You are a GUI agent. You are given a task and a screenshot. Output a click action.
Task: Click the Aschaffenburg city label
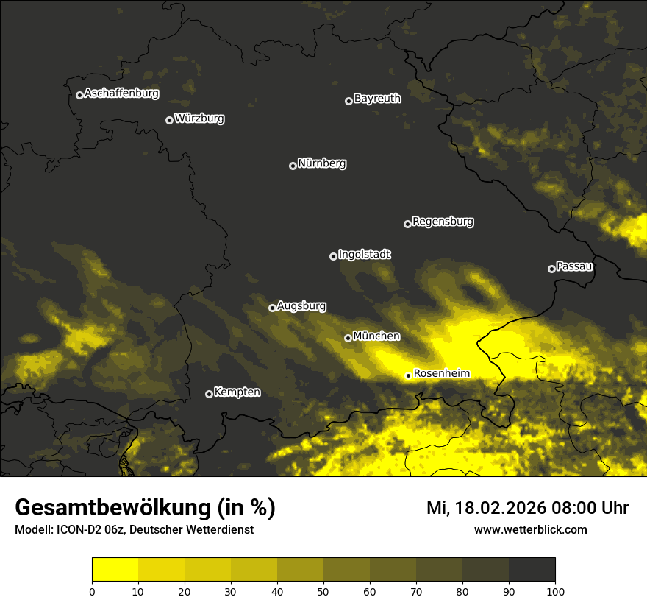(x=121, y=93)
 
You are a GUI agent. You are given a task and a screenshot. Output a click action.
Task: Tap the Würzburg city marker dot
(x=169, y=120)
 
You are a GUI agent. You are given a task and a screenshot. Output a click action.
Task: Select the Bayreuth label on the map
(x=377, y=99)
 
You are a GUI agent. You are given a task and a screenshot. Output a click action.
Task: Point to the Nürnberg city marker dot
(x=293, y=166)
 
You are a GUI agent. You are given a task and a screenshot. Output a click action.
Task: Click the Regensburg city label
(x=443, y=222)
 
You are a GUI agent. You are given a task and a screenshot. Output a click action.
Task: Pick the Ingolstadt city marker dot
(x=333, y=256)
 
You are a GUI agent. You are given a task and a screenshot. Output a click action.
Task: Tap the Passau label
(x=574, y=266)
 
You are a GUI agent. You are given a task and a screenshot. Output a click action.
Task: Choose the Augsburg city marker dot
(x=272, y=308)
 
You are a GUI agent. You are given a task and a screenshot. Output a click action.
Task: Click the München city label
(x=376, y=336)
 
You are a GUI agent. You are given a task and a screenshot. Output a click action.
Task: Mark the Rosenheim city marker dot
(x=408, y=376)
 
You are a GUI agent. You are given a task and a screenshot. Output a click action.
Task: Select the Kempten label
(x=237, y=392)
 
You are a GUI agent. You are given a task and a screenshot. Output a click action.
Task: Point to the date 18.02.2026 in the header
(x=496, y=508)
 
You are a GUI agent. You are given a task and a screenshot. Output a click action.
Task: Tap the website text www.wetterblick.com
(x=530, y=529)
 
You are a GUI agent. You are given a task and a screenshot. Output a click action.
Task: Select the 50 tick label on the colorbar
(x=323, y=590)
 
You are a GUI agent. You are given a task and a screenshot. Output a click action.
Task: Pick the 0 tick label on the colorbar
(x=92, y=590)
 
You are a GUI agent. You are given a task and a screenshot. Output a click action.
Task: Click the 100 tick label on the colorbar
(x=555, y=590)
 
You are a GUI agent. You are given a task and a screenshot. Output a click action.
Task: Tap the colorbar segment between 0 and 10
(x=115, y=570)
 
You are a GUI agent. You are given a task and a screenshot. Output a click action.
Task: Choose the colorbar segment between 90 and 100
(x=532, y=570)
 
